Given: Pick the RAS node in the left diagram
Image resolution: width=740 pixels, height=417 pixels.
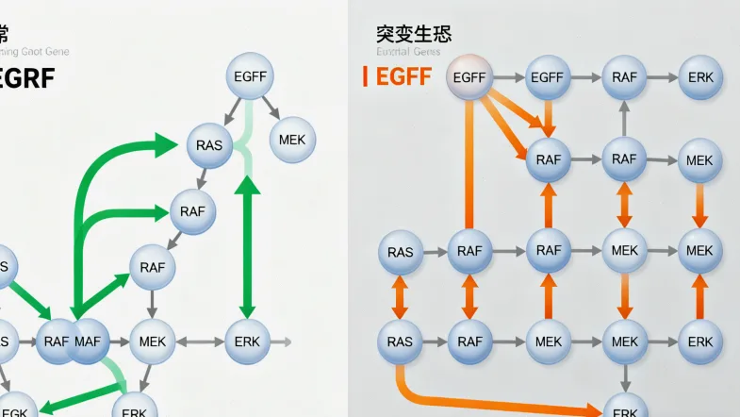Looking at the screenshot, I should click(209, 145).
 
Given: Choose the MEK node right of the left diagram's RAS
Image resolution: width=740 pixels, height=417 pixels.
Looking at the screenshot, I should click(293, 141).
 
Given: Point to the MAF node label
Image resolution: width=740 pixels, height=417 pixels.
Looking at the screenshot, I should click(88, 341).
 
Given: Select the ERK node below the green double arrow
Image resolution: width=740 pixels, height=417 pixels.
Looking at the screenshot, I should click(248, 341).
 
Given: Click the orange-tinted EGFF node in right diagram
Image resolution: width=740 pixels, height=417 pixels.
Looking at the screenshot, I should click(469, 78).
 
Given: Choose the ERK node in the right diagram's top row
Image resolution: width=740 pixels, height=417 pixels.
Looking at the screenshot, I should click(700, 78).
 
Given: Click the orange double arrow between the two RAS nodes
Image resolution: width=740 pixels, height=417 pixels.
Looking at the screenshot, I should click(400, 296).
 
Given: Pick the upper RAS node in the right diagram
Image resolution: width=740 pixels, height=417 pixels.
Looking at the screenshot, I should click(401, 252).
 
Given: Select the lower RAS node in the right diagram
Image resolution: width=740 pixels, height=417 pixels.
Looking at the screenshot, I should click(401, 342).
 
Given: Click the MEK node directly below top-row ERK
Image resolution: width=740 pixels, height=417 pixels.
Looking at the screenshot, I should click(699, 160).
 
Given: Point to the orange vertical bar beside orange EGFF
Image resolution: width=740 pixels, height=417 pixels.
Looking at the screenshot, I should click(366, 77).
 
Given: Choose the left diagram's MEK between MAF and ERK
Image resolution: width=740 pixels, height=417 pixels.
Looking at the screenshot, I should click(152, 341).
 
